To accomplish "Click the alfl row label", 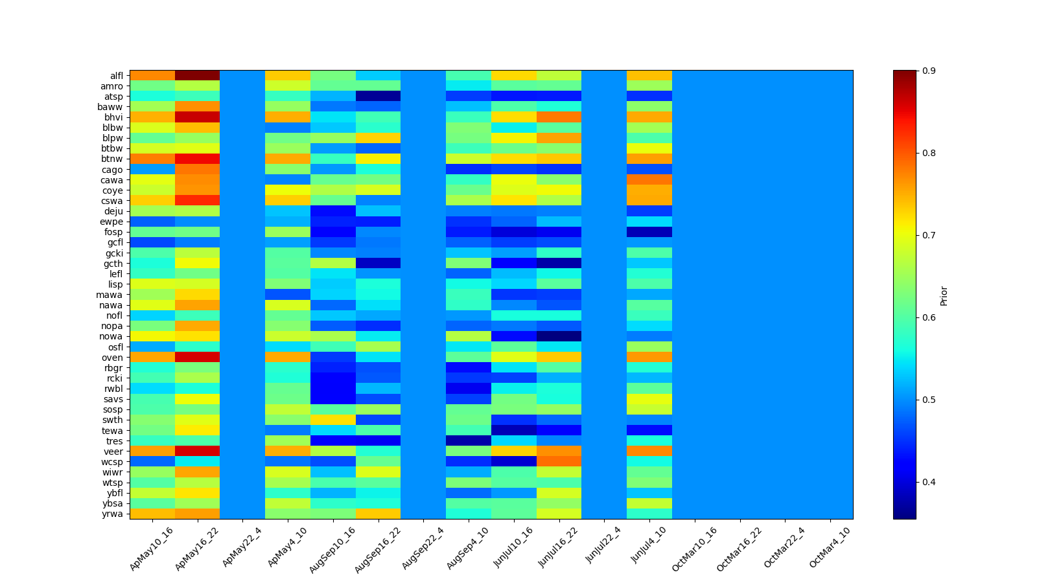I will click(x=117, y=76).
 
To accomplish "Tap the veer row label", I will click(x=116, y=451).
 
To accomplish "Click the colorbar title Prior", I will click(x=944, y=295).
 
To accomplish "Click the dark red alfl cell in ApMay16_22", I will click(x=197, y=76).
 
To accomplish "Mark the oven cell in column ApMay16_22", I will click(x=197, y=358).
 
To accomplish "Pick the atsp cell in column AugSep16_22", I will click(x=378, y=97).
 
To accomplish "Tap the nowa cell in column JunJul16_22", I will click(x=559, y=336).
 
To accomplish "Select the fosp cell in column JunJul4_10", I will click(x=649, y=232).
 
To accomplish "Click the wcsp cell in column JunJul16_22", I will click(x=559, y=461).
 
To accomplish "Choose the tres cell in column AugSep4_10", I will click(x=469, y=440).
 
